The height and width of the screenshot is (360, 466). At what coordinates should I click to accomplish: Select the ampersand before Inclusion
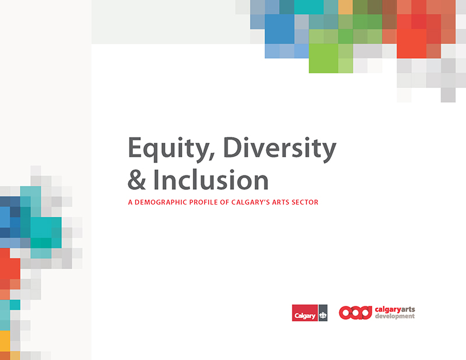[x=137, y=180]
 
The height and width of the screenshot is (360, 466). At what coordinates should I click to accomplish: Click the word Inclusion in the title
[x=211, y=179]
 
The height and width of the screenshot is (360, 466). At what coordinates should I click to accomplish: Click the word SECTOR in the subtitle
[x=305, y=202]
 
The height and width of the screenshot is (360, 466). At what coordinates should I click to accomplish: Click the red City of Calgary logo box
[x=305, y=313]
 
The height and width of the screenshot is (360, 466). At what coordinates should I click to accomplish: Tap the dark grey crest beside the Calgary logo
[x=323, y=313]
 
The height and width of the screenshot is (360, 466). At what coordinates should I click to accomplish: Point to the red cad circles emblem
[x=355, y=313]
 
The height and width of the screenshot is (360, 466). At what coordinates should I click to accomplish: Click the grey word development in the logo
[x=395, y=316]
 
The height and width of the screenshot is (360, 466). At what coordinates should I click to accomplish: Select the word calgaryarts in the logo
[x=395, y=309]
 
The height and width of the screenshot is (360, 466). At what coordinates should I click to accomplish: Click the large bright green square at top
[x=323, y=58]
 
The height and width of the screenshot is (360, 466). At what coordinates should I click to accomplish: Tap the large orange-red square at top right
[x=412, y=44]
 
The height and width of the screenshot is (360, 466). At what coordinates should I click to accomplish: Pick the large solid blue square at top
[x=280, y=29]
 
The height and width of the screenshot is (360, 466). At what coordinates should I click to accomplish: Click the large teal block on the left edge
[x=46, y=227]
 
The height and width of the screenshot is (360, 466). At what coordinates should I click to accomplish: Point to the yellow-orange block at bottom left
[x=5, y=341]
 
